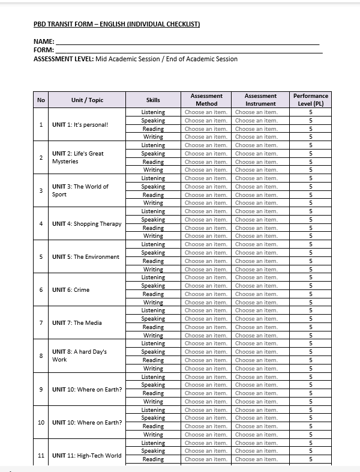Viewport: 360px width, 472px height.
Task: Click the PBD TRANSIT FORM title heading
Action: click(116, 24)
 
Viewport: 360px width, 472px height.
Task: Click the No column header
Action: click(41, 100)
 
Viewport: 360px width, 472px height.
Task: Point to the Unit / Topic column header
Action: click(87, 100)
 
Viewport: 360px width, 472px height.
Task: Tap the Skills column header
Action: click(153, 100)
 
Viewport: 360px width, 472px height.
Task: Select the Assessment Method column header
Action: click(206, 100)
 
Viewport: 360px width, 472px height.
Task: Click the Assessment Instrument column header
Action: click(260, 100)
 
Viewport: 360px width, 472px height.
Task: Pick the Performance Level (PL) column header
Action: click(311, 100)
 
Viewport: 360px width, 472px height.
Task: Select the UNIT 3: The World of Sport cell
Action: click(80, 190)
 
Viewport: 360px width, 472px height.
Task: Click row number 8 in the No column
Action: click(41, 356)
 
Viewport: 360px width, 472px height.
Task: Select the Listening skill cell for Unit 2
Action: click(153, 145)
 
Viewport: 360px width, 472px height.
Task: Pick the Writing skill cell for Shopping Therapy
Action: click(153, 236)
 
